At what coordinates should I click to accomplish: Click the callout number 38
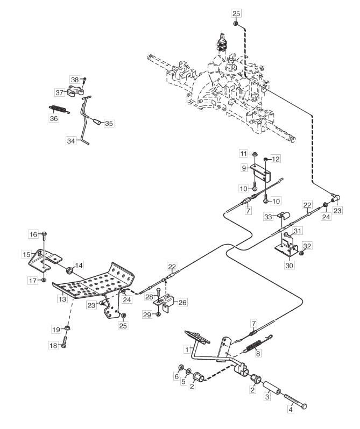75,80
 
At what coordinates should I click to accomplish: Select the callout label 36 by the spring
54,118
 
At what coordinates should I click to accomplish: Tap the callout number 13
62,299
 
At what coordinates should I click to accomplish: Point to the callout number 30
290,265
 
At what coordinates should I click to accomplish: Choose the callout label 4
291,410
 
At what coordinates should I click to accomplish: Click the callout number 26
182,302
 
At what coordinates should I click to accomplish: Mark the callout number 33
269,217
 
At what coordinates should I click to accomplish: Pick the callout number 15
26,254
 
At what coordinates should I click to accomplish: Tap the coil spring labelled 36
59,110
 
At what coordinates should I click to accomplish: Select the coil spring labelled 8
257,342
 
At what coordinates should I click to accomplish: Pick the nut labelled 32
301,253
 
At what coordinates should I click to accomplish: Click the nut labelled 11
255,154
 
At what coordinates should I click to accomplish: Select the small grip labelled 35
97,121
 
